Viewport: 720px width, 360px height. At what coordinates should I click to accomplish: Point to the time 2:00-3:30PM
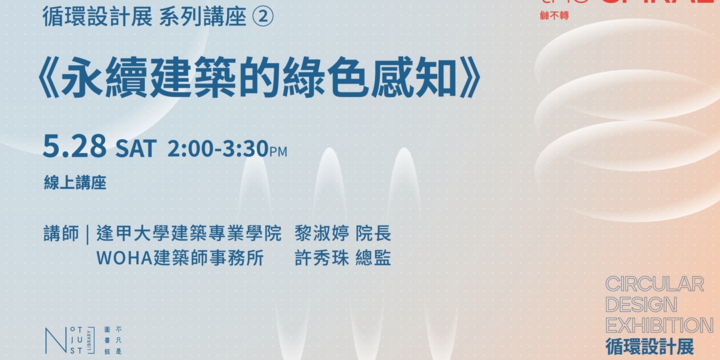[227, 149]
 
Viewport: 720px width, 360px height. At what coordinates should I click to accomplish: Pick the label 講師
[61, 234]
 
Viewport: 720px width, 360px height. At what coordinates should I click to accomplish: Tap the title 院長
[373, 234]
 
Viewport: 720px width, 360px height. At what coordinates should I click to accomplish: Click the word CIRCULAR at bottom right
[655, 284]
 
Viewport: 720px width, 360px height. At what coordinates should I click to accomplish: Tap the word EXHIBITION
[659, 325]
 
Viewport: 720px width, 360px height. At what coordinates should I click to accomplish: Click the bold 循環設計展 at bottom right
[649, 347]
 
